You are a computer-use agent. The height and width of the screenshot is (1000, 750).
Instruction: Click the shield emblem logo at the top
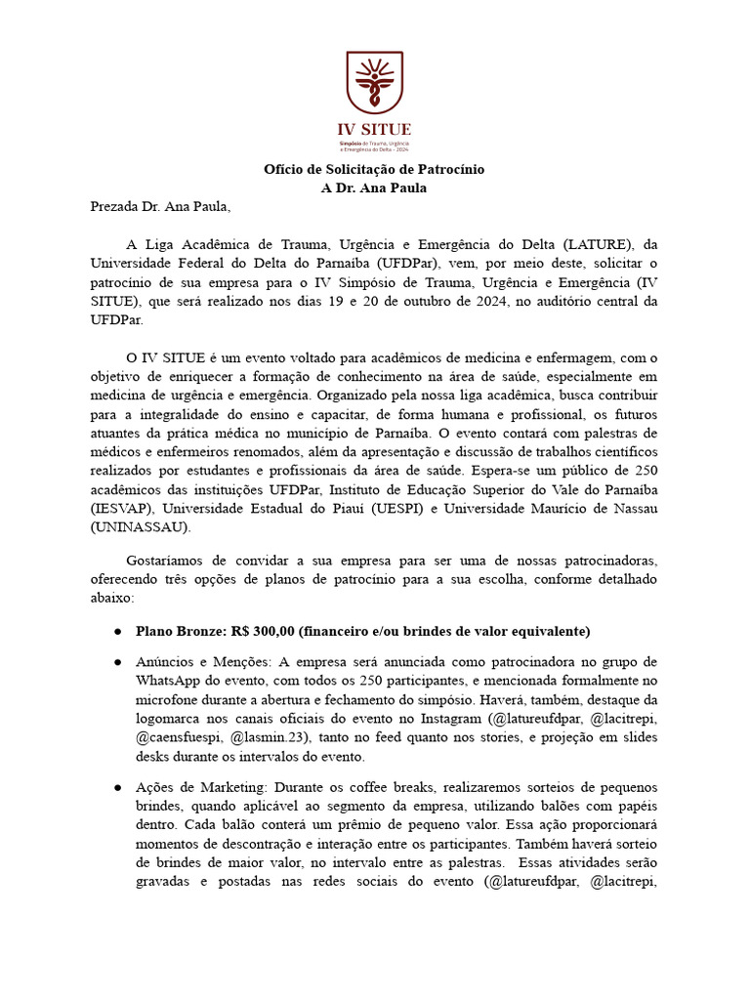[x=374, y=83]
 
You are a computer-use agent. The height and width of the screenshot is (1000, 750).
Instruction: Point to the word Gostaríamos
[x=169, y=560]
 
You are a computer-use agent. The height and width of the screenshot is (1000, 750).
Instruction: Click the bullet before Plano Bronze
[x=117, y=631]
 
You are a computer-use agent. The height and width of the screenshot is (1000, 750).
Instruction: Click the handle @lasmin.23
[x=270, y=737]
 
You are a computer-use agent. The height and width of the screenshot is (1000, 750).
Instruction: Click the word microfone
[x=171, y=700]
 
